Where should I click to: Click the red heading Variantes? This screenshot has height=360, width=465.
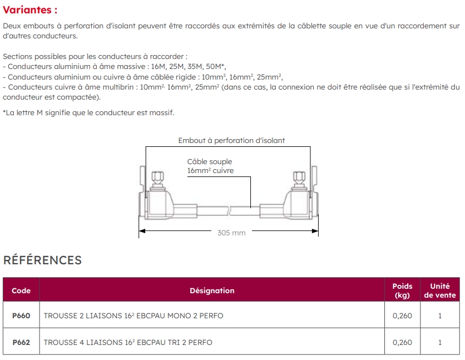30,11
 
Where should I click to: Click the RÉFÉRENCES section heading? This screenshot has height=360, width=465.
42,260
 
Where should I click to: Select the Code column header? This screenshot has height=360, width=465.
21,290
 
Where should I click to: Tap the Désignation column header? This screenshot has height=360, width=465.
212,290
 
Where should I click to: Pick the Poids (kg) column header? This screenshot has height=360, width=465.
402,290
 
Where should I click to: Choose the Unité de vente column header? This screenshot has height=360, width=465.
439,290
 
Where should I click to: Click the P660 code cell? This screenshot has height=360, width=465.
21,315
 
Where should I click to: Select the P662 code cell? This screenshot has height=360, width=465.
21,342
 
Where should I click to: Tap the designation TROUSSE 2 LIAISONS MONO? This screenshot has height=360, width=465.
133,315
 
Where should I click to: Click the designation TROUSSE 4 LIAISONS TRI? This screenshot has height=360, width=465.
128,342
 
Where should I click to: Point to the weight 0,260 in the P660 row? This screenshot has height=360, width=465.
402,315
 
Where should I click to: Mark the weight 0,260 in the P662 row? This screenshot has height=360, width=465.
402,342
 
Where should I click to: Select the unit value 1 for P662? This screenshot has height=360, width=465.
439,342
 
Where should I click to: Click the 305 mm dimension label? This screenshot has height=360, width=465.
231,233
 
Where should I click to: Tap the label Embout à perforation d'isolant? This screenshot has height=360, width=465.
231,141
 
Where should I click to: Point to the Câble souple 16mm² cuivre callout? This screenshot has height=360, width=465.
210,166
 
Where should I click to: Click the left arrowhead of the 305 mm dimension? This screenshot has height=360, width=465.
141,230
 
